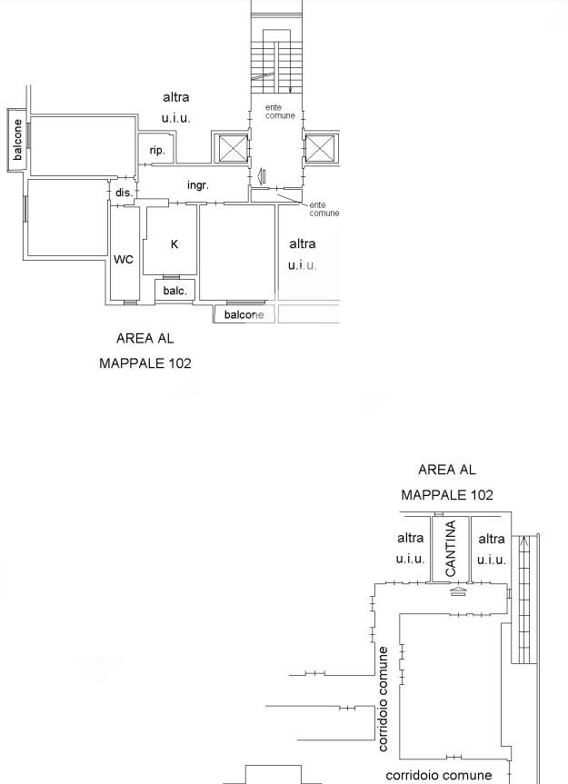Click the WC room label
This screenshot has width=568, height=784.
pyautogui.click(x=124, y=259)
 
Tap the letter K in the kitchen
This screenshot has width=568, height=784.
pyautogui.click(x=174, y=244)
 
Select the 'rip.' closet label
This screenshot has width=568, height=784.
pyautogui.click(x=157, y=151)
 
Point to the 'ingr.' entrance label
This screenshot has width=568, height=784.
pyautogui.click(x=198, y=185)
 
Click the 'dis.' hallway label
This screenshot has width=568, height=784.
pyautogui.click(x=125, y=193)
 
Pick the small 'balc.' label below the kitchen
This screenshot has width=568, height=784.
pyautogui.click(x=175, y=291)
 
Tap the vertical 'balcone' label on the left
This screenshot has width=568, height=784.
pyautogui.click(x=17, y=140)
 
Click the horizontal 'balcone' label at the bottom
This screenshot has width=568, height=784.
pyautogui.click(x=244, y=314)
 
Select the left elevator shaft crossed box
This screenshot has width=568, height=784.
pyautogui.click(x=231, y=148)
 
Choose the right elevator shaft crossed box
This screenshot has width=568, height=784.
pyautogui.click(x=320, y=148)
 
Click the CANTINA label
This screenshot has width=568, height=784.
pyautogui.click(x=451, y=548)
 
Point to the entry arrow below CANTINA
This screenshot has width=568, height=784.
pyautogui.click(x=459, y=591)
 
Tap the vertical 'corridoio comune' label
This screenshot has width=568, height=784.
pyautogui.click(x=383, y=699)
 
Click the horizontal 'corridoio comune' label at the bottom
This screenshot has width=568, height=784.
pyautogui.click(x=439, y=775)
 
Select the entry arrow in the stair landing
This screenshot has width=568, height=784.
pyautogui.click(x=261, y=175)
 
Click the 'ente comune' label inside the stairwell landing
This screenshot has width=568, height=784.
pyautogui.click(x=280, y=112)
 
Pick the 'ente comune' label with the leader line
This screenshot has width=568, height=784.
pyautogui.click(x=324, y=209)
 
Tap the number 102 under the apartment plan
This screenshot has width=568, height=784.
pyautogui.click(x=180, y=363)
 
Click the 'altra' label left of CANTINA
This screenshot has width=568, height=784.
pyautogui.click(x=410, y=538)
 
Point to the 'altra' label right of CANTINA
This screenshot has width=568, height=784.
pyautogui.click(x=492, y=539)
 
